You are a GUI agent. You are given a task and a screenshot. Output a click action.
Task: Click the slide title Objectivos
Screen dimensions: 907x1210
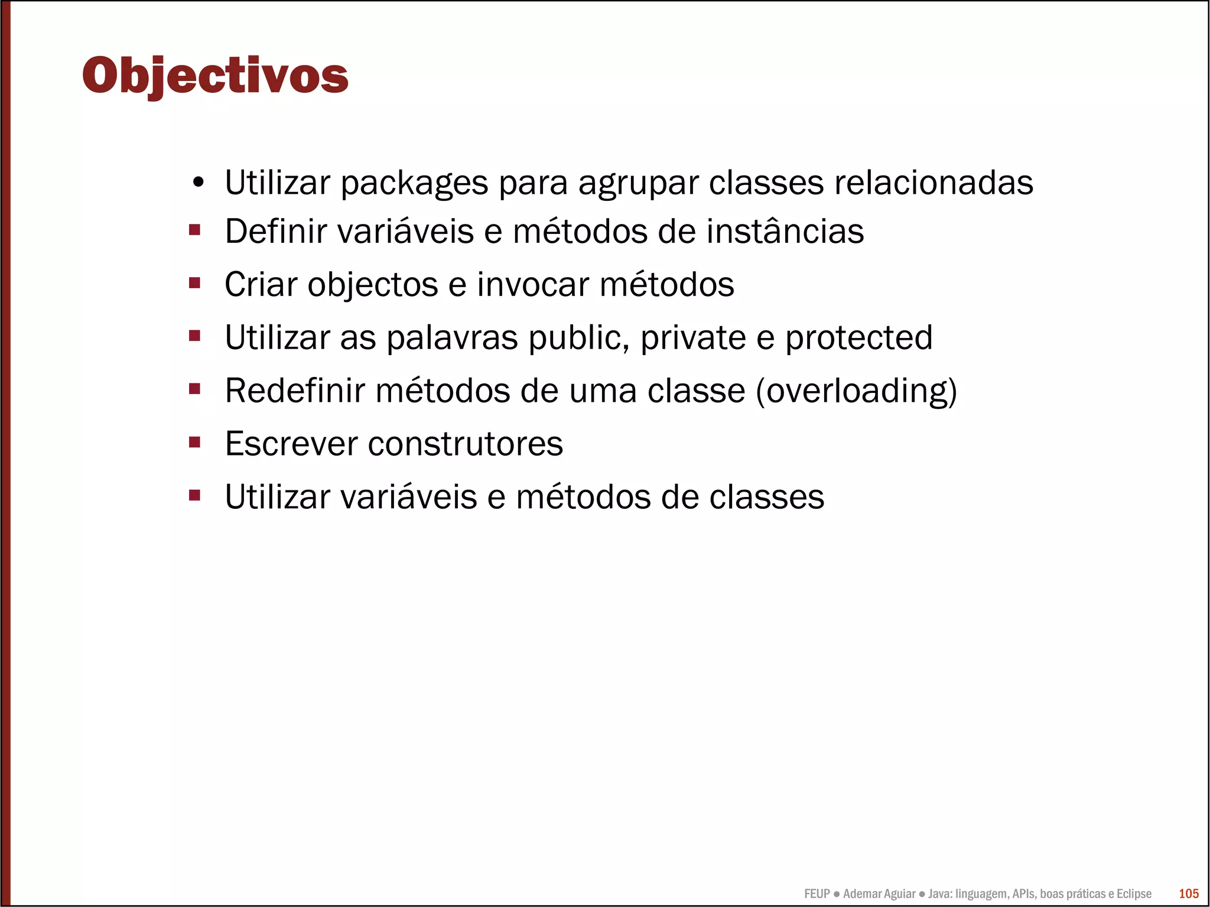pyautogui.click(x=215, y=76)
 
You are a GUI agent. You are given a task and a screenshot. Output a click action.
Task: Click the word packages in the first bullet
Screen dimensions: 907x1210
pyautogui.click(x=414, y=183)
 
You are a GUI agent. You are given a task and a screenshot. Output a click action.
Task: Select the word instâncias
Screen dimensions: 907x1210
pyautogui.click(x=785, y=231)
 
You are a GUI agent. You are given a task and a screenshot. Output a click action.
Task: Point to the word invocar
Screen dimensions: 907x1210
pyautogui.click(x=533, y=284)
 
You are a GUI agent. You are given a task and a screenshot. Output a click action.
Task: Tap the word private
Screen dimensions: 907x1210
pyautogui.click(x=692, y=338)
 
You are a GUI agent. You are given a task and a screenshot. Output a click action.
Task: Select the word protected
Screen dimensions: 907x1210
pyautogui.click(x=858, y=338)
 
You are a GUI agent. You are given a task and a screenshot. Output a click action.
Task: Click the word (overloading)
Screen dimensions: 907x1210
pyautogui.click(x=857, y=391)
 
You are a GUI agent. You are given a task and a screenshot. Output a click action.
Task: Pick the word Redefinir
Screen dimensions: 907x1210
pyautogui.click(x=295, y=391)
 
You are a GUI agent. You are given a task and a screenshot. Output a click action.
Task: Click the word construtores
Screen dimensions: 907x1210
pyautogui.click(x=465, y=444)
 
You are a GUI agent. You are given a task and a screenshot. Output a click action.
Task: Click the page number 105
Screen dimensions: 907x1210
pyautogui.click(x=1189, y=893)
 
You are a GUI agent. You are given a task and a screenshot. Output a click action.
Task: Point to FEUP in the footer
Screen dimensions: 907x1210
pyautogui.click(x=817, y=893)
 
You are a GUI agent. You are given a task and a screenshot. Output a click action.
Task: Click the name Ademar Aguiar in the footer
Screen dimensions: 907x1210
pyautogui.click(x=879, y=893)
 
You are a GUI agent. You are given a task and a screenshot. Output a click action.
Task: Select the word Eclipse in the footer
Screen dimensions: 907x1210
pyautogui.click(x=1133, y=893)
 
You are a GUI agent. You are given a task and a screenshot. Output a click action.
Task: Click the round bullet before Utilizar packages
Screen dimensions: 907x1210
pyautogui.click(x=198, y=183)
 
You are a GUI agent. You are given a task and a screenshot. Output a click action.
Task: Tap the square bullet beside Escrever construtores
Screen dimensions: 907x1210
pyautogui.click(x=194, y=442)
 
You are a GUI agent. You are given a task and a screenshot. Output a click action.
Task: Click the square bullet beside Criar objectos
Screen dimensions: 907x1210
pyautogui.click(x=194, y=283)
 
